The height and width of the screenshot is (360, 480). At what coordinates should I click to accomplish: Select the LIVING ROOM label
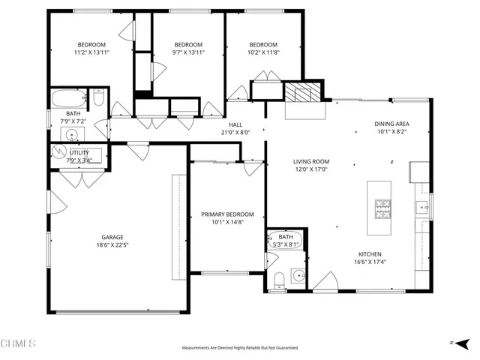[311, 160]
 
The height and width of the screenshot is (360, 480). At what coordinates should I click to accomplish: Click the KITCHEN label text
[370, 253]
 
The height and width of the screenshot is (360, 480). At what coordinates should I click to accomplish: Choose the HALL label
[235, 125]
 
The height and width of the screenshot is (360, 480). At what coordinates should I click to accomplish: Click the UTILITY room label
[79, 152]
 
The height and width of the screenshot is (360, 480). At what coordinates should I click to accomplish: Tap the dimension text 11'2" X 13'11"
[91, 52]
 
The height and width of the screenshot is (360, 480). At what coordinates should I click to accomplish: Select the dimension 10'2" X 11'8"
[263, 52]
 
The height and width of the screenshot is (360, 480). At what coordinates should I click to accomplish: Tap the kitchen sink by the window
[421, 207]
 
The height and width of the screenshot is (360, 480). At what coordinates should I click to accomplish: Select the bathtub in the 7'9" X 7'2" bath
[67, 98]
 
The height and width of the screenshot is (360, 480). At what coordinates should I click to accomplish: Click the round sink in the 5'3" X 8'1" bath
[299, 274]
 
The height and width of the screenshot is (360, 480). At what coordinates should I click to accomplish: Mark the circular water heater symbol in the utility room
[58, 152]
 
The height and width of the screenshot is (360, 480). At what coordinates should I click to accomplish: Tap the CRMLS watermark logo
[18, 343]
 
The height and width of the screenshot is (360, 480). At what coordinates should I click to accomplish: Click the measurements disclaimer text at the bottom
[239, 348]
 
